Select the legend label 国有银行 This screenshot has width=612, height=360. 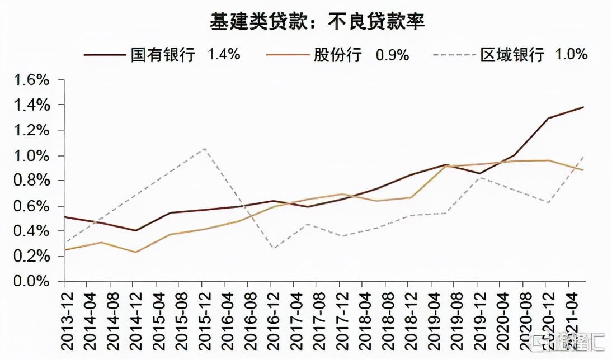[163, 55]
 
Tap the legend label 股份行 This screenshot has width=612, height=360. [337, 55]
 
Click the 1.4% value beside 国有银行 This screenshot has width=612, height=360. [224, 54]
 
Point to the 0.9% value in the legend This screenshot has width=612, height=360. [392, 55]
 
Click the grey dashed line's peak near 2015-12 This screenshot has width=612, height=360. [205, 148]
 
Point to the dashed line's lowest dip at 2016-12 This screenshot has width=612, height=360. [272, 248]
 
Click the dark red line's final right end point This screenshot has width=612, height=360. [583, 107]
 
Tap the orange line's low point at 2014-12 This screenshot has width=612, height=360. [135, 252]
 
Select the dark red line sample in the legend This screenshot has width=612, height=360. [104, 55]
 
